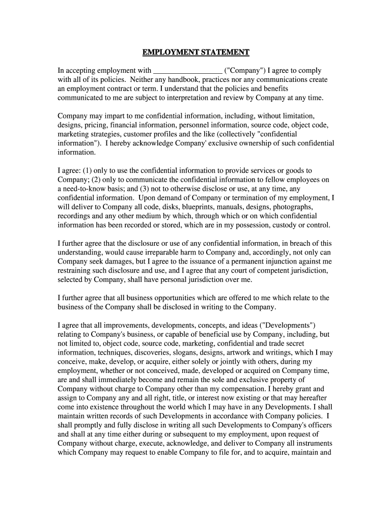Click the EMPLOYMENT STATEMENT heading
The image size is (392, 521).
pyautogui.click(x=195, y=52)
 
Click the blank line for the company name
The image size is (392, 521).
pyautogui.click(x=187, y=71)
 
